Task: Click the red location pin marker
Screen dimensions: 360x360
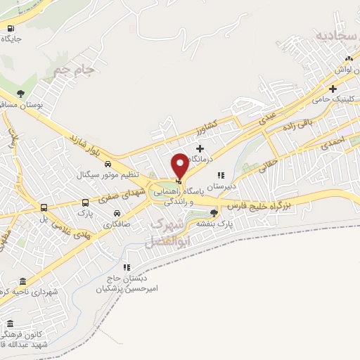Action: (180, 167)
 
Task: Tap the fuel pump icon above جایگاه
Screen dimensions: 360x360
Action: (10, 29)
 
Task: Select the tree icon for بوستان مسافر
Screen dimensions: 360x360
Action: (21, 94)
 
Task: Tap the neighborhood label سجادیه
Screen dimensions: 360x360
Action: (333, 34)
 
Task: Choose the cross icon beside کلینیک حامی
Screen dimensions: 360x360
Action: (333, 89)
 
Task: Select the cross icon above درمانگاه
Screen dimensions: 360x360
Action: (201, 148)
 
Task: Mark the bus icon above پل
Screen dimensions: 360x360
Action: (44, 207)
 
